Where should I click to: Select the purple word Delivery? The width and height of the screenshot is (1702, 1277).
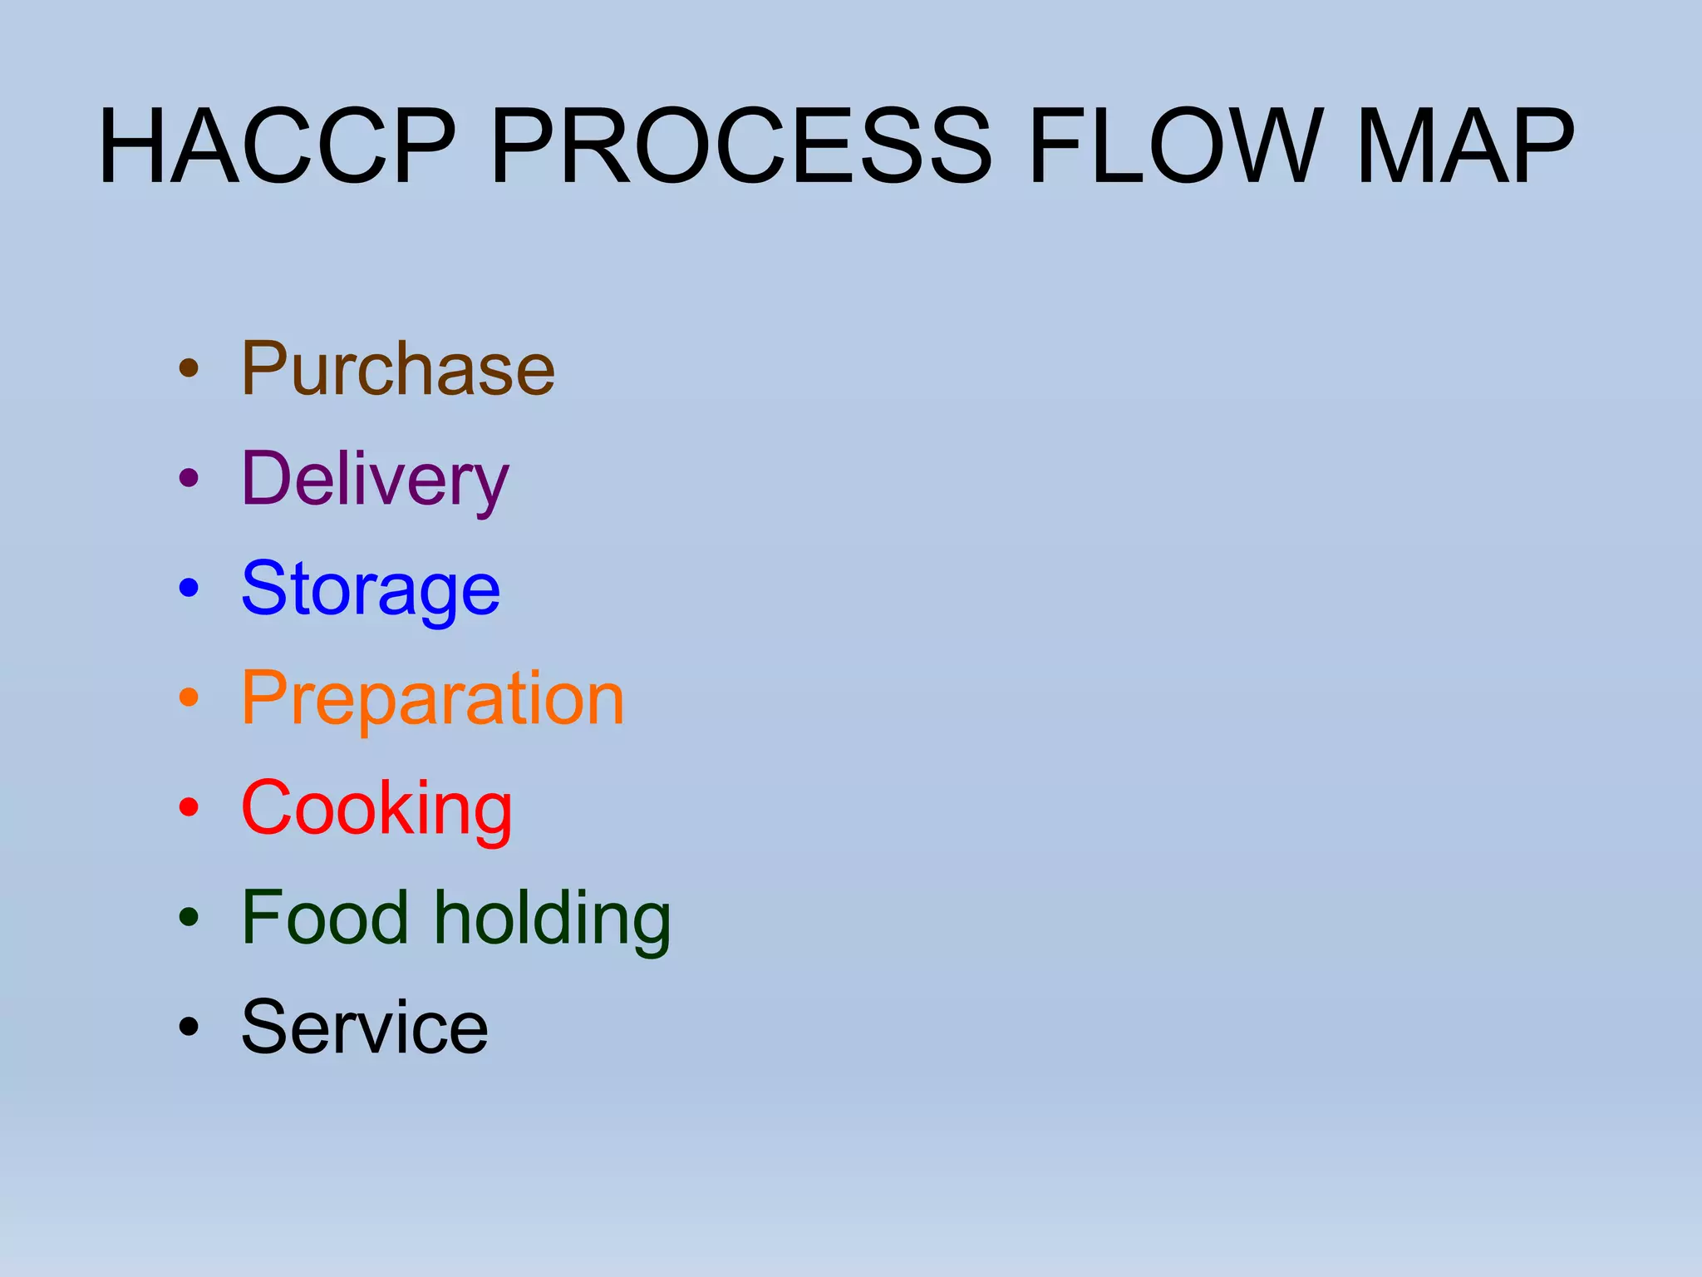click(374, 480)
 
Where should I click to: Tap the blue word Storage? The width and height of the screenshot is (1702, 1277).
click(371, 589)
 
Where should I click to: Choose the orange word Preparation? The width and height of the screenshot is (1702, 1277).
click(432, 699)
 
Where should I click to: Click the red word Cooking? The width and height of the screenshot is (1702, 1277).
click(376, 809)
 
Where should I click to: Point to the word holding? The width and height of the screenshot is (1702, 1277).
click(553, 920)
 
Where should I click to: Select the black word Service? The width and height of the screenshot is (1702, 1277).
click(365, 1028)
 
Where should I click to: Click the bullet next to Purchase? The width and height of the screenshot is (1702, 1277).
click(189, 368)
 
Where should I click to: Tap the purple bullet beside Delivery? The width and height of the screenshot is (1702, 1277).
click(189, 478)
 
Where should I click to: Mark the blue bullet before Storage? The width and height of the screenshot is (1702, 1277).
click(189, 588)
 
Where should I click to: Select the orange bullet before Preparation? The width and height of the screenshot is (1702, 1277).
click(189, 698)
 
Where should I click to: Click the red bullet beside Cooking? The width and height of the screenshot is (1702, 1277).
click(189, 807)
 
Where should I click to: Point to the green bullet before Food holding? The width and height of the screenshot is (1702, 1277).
click(189, 917)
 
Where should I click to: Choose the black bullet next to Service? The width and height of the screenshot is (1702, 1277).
click(189, 1027)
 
